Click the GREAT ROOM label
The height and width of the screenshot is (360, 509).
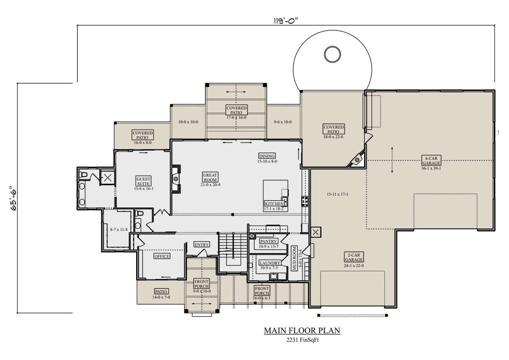pos(210,177)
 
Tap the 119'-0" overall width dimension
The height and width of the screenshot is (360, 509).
pos(285,21)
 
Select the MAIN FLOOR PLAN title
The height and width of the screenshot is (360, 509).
pos(302,330)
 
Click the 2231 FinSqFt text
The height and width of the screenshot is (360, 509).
pos(302,340)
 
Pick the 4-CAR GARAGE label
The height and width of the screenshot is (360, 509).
pos(431,160)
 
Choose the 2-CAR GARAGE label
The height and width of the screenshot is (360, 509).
pos(354,257)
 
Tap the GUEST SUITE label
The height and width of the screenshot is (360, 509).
pos(143,181)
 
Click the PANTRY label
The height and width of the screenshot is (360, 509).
pos(268,241)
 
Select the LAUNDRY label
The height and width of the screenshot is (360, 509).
pos(270,263)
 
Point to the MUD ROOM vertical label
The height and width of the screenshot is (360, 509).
pos(294,259)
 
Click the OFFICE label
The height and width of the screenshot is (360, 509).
pos(162,256)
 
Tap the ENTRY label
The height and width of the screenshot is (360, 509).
pos(201,245)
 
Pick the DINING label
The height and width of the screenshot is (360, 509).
pos(267,156)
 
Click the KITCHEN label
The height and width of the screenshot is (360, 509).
pos(274,203)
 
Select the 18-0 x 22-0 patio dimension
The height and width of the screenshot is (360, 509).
pos(333,137)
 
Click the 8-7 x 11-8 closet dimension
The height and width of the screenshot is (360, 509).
pos(119,230)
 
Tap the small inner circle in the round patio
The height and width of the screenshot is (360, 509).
pos(332,54)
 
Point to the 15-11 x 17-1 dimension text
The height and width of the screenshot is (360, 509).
pos(338,194)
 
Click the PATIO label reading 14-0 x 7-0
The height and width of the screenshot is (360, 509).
pos(161,292)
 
